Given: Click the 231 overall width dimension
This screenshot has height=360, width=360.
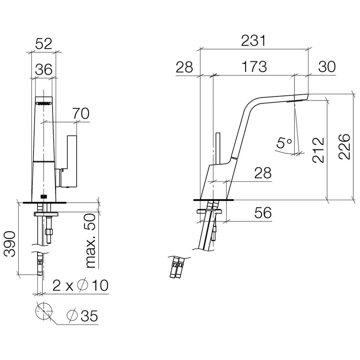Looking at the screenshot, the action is (253, 41).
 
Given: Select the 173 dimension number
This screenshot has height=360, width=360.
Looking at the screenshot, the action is (254, 67).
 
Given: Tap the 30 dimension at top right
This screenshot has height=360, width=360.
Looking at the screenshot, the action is (327, 67).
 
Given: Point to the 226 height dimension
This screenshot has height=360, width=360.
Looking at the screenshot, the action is (344, 147).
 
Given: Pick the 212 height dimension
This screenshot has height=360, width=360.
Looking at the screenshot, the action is (319, 150).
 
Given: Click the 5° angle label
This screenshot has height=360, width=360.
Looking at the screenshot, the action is (284, 143).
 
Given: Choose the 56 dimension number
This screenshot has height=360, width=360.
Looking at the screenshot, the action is (263, 213).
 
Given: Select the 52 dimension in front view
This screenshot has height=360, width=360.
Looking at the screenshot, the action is (44, 44).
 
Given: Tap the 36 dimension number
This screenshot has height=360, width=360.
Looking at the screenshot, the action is (44, 69).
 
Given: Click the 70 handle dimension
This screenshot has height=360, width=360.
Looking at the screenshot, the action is (81, 113).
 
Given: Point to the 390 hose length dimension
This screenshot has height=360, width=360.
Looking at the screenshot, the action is (10, 244).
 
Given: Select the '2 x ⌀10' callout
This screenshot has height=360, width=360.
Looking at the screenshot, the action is (80, 285).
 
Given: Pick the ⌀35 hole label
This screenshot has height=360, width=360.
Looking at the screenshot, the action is (82, 316).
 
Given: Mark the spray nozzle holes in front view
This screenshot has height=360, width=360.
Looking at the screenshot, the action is (44, 104).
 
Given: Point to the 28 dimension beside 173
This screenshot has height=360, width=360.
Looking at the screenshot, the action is (184, 67).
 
